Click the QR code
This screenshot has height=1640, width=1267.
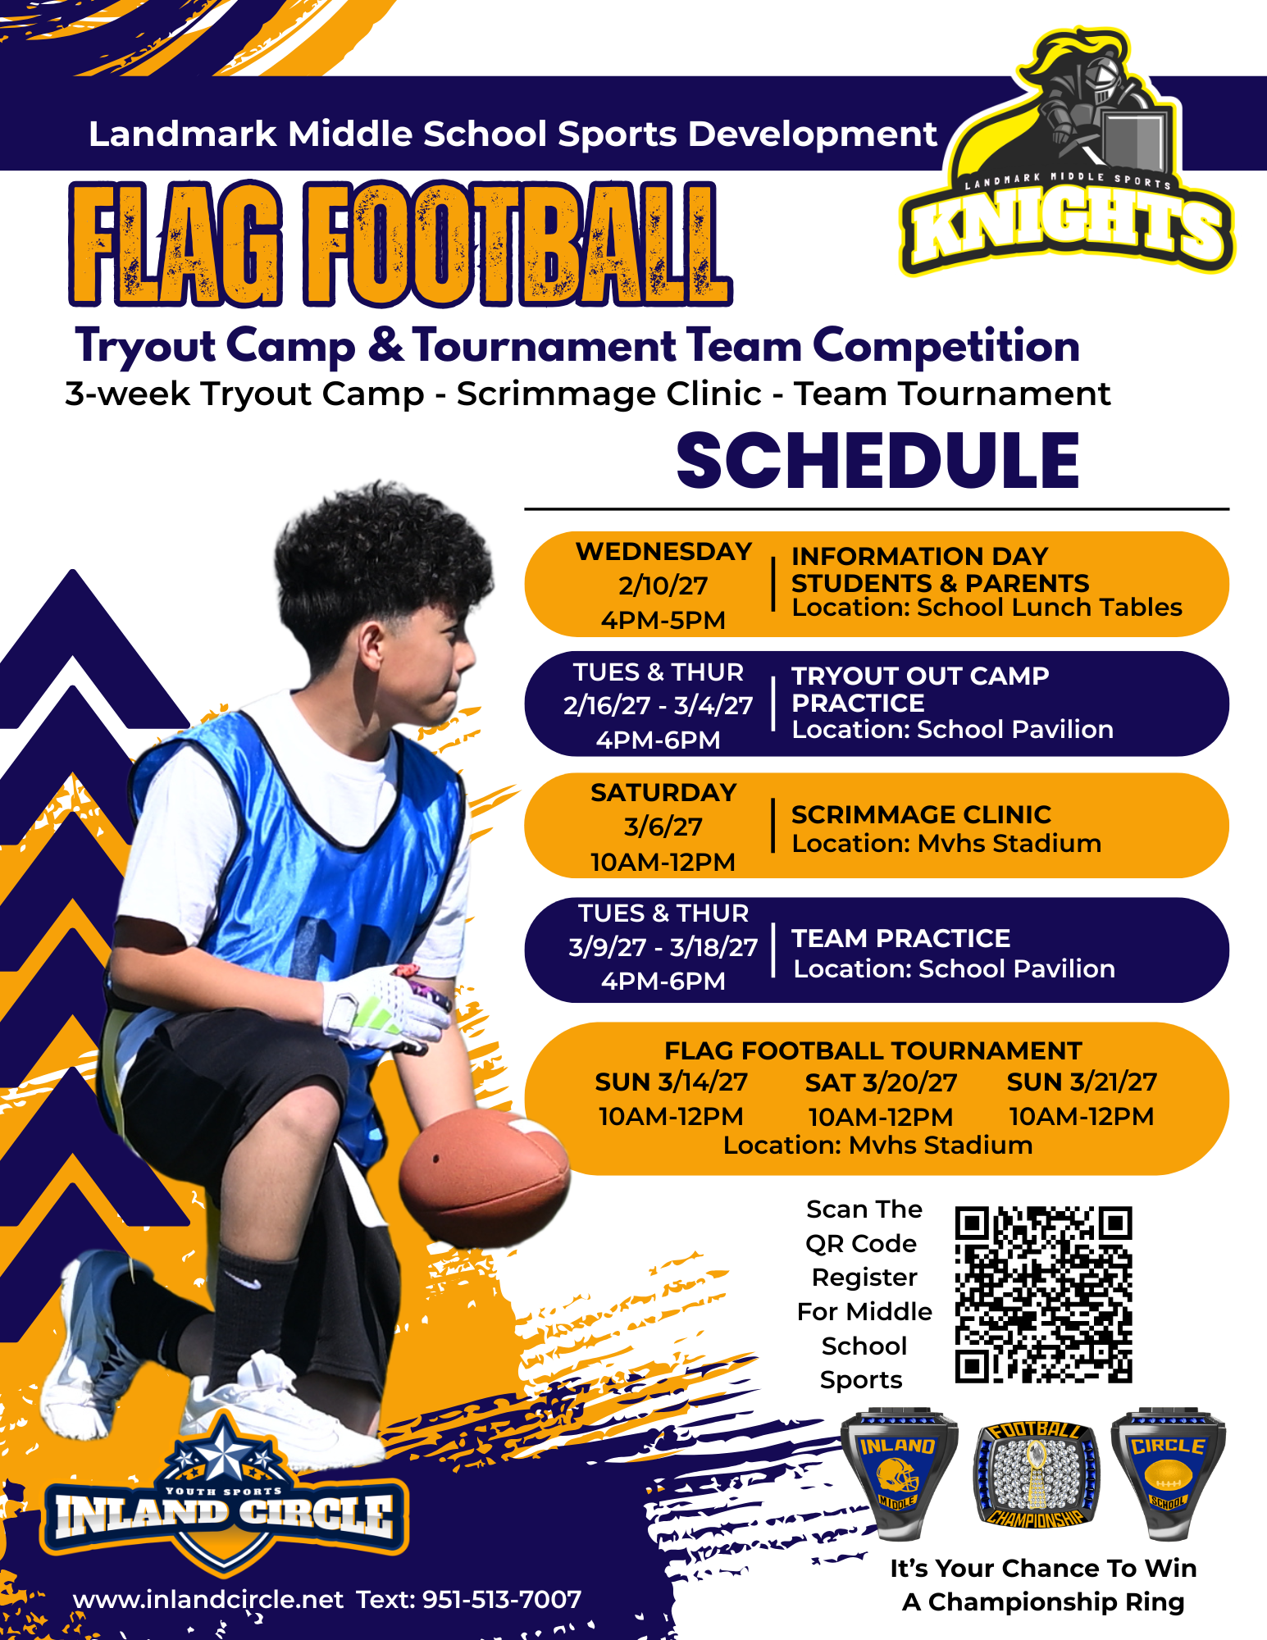[x=1043, y=1295]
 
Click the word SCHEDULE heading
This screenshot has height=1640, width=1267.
[x=877, y=461]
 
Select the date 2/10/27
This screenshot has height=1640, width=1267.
[x=663, y=585]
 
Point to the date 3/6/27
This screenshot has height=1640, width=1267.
[x=663, y=827]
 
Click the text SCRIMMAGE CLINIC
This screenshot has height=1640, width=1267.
[x=921, y=814]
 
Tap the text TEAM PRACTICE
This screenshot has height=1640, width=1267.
[x=900, y=938]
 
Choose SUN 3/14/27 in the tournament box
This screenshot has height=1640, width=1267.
[x=671, y=1082]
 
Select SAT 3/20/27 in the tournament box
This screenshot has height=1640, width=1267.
[x=881, y=1082]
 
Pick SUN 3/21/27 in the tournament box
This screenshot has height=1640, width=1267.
[x=1082, y=1082]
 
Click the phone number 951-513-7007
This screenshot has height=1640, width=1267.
[x=502, y=1599]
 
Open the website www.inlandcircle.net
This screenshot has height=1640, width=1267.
[x=208, y=1599]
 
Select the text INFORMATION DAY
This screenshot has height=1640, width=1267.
[x=919, y=556]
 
